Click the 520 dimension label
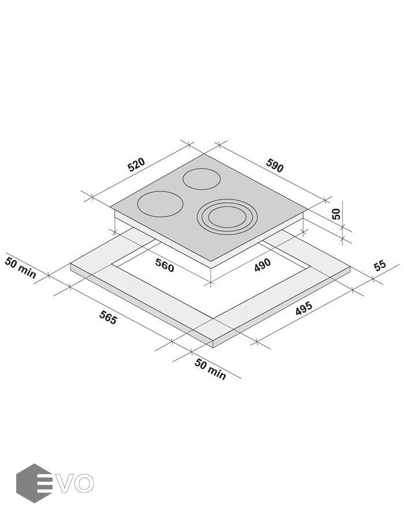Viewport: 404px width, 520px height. tap(136, 165)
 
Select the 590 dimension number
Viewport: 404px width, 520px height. tap(275, 165)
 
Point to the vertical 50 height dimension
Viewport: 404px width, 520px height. tap(336, 214)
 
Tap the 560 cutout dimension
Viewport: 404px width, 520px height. tap(164, 266)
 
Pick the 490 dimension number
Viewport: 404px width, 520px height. tap(263, 265)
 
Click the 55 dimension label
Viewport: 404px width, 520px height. tap(380, 265)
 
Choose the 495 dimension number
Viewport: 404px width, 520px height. tap(304, 309)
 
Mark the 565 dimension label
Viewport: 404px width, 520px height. tap(108, 318)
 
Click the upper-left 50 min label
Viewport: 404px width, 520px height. tap(20, 268)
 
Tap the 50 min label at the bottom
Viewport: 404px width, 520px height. tap(210, 369)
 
